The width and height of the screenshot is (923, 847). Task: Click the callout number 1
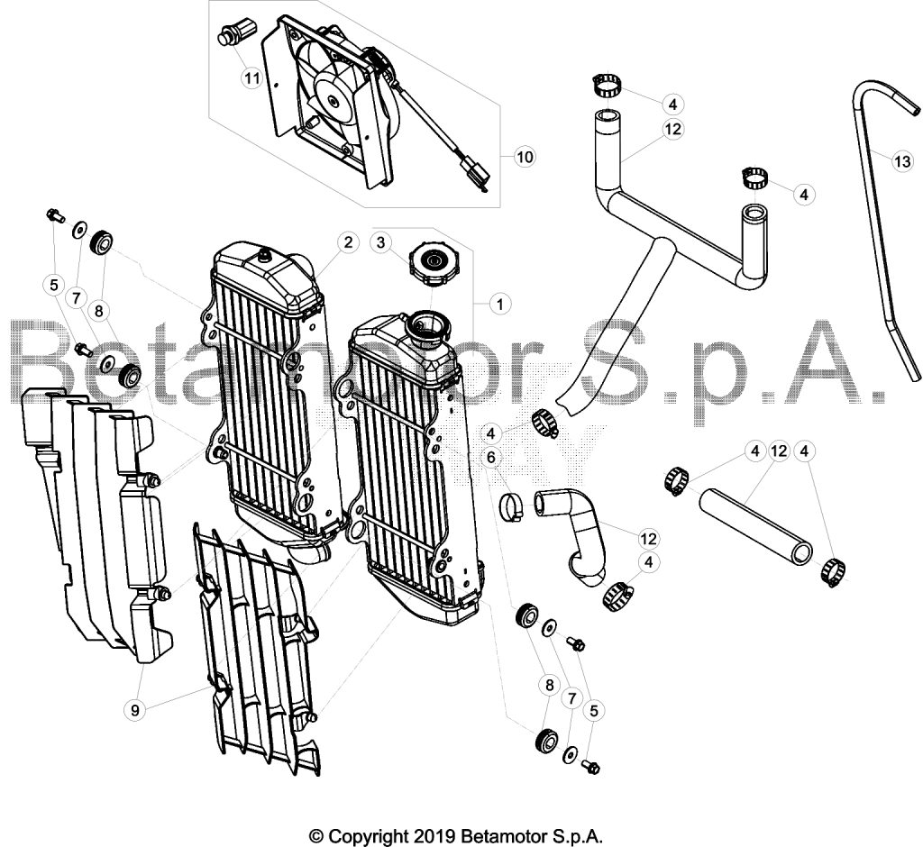(499, 305)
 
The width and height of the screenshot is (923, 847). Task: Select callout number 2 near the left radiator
(348, 241)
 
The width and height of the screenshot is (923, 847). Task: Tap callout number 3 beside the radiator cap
(381, 241)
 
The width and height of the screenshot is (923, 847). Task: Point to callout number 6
(491, 457)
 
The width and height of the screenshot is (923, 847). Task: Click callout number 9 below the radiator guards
(135, 710)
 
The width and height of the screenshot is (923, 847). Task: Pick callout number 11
(252, 78)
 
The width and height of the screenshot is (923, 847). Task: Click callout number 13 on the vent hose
(901, 160)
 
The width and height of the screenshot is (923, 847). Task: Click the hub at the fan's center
(334, 101)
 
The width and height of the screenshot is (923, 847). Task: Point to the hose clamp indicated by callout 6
(513, 507)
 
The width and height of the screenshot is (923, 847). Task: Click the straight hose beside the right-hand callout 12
(756, 525)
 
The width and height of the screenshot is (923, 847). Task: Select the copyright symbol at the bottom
(317, 836)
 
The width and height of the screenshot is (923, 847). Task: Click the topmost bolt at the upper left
(54, 214)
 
